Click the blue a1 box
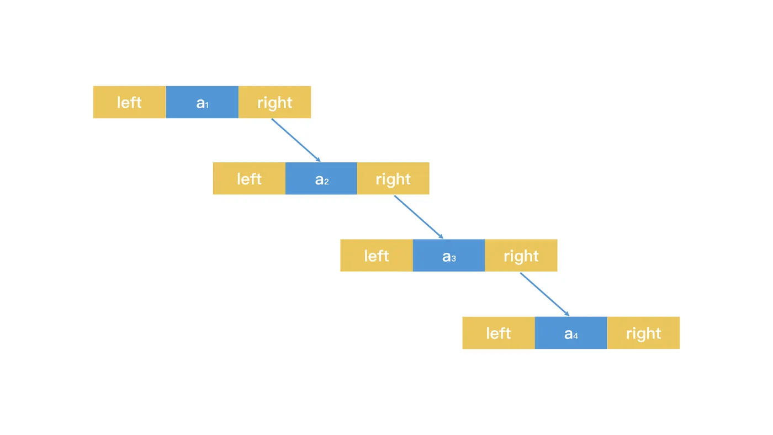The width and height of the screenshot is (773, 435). pos(202,102)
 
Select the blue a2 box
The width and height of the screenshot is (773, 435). pos(321,179)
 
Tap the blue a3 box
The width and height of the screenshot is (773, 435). pos(448,256)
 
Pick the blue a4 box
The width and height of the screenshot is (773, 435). pos(571,333)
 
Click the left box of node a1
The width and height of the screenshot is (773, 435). pos(129,102)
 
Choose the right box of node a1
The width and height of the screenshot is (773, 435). pos(274,102)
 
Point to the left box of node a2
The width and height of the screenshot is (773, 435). pos(249,179)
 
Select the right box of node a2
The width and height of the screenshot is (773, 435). pos(393,179)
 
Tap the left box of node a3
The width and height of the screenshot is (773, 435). pos(377,256)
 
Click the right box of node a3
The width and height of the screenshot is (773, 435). pos(521,256)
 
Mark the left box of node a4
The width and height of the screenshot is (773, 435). pos(499,333)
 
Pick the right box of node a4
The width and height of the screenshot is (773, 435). pos(643,333)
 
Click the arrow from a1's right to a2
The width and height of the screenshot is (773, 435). pos(295,140)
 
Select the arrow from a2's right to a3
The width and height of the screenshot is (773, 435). pos(418,217)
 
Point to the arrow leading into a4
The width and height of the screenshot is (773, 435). pos(544,294)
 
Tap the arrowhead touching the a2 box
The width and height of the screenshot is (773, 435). pos(318,160)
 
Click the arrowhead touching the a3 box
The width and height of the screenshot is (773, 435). pos(441,236)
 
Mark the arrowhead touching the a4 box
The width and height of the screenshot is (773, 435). pos(566,314)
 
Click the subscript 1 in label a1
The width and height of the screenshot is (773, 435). pos(207,105)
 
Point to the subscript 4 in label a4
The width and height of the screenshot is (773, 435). pos(576,336)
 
